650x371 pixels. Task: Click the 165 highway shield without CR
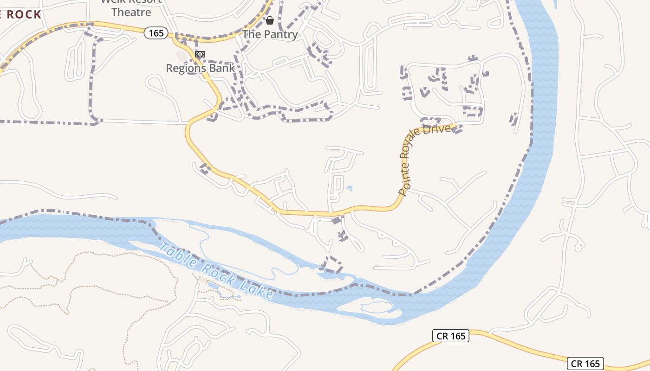[156, 33]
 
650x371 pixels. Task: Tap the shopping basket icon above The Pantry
[270, 20]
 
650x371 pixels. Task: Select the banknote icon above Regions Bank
[200, 54]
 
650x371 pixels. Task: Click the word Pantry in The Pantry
[280, 34]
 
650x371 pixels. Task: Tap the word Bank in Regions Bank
[222, 68]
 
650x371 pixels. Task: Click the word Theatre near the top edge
[131, 13]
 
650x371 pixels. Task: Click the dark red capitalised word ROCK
[24, 14]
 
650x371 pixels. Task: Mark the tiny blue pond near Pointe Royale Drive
[349, 188]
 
